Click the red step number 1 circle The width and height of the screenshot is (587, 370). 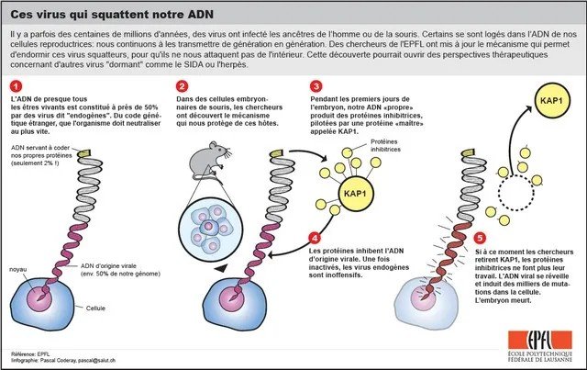point(16,86)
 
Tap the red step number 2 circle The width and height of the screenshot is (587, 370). point(182,86)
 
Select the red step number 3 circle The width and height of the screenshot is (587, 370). point(316,86)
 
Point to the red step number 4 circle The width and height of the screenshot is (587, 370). point(315,238)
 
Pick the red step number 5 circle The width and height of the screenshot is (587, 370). point(480,238)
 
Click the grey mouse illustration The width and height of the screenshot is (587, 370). point(209,161)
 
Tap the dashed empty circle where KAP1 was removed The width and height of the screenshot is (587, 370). point(515,193)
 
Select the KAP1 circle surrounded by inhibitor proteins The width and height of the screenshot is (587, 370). point(355,194)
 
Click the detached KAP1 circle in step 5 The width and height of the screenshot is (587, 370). point(551,100)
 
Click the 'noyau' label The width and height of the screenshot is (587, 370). point(18,270)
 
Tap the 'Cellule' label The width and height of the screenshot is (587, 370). point(95,308)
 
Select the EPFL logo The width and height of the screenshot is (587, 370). point(540,346)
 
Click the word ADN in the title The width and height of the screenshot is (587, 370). point(201,15)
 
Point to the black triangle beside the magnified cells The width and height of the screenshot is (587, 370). point(221,268)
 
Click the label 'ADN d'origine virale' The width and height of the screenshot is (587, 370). point(108,265)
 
